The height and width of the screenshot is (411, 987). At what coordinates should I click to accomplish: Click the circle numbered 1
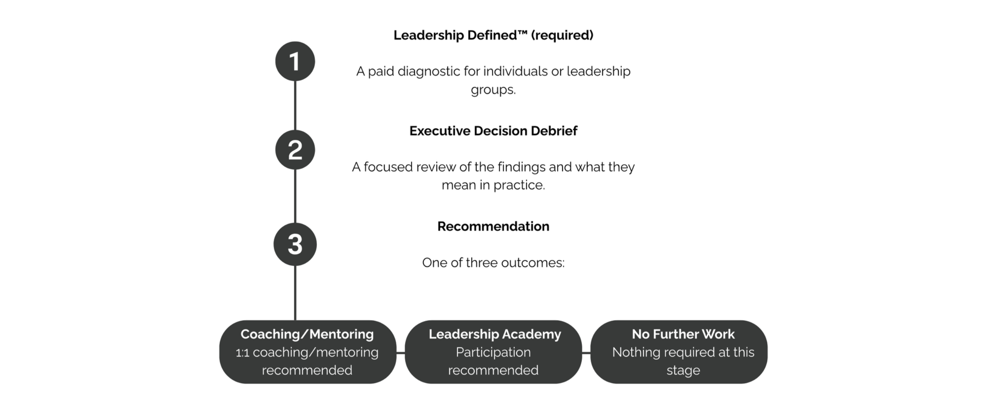tap(295, 61)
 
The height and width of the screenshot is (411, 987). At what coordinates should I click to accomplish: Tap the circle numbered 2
tap(295, 150)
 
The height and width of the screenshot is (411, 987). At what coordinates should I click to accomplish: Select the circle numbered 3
tap(295, 244)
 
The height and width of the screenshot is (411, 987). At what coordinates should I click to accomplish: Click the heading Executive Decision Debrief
tap(493, 131)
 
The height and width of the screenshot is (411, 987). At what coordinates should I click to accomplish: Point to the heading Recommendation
tap(493, 226)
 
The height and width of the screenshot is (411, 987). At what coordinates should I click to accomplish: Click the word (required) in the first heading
tap(562, 35)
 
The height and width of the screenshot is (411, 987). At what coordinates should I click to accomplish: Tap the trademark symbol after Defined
tap(522, 33)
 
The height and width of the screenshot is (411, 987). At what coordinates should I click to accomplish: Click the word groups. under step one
tap(493, 90)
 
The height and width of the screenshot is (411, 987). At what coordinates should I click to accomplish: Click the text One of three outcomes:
tap(493, 263)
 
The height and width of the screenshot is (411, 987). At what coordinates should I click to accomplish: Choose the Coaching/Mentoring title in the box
tap(307, 334)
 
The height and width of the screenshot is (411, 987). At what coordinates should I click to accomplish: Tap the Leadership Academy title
tap(495, 334)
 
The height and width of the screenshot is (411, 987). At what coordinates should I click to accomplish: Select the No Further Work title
tap(683, 334)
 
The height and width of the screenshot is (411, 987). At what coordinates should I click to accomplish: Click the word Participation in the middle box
tap(493, 352)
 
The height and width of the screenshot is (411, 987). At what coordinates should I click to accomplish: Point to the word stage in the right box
tap(683, 371)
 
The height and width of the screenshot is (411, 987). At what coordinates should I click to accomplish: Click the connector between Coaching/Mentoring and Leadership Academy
tap(401, 352)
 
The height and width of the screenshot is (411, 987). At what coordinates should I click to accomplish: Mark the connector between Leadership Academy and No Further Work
tap(586, 352)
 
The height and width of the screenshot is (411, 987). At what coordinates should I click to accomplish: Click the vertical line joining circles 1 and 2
tap(295, 106)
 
